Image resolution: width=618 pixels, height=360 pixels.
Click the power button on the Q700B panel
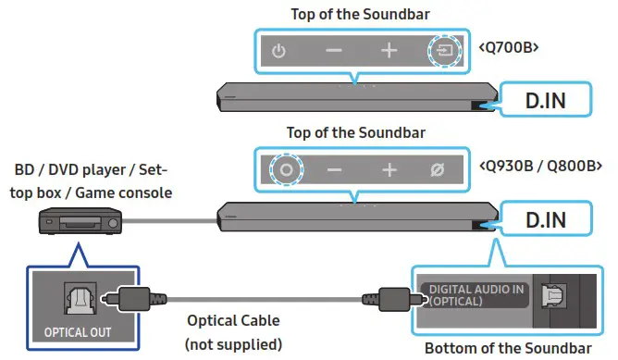(x=278, y=51)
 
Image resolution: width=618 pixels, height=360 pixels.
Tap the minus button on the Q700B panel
(x=334, y=51)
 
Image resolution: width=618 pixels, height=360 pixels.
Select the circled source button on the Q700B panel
(x=444, y=51)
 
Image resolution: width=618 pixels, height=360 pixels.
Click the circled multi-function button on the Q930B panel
(x=286, y=170)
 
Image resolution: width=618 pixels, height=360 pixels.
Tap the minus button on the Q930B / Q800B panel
(x=334, y=170)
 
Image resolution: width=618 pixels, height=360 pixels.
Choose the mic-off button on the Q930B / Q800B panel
(x=439, y=170)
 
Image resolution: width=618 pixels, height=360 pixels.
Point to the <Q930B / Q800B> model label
(x=540, y=168)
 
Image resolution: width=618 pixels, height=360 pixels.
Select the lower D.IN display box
(x=547, y=220)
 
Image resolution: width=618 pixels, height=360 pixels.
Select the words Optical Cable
(x=231, y=322)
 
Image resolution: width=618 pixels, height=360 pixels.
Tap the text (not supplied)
(x=231, y=344)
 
